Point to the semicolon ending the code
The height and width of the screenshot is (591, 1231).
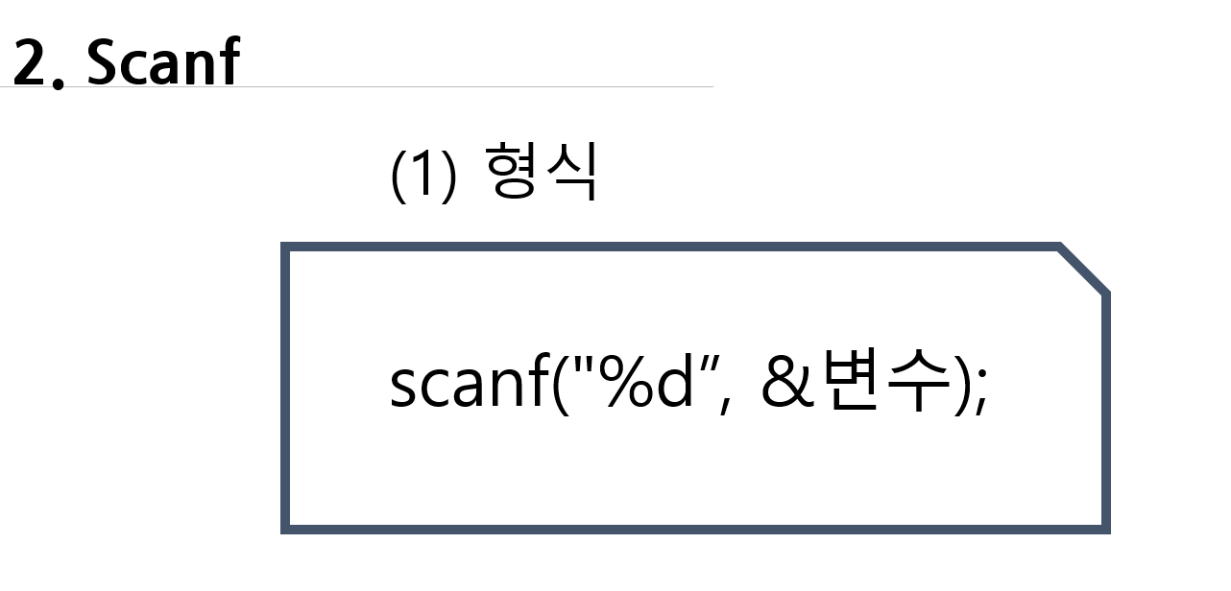click(979, 393)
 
